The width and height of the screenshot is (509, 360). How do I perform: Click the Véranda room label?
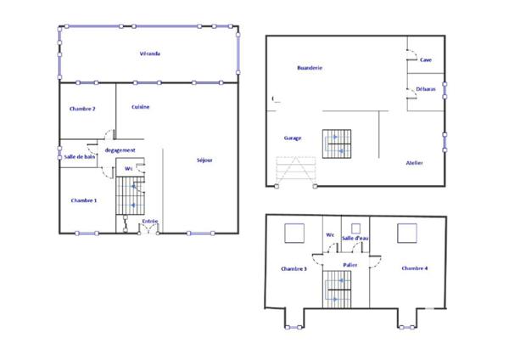[150, 53]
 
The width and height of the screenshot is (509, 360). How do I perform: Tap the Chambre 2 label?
[82, 109]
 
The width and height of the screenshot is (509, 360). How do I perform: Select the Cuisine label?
[141, 106]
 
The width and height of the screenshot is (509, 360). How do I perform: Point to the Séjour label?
[204, 160]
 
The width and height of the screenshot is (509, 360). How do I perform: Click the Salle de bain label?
[80, 156]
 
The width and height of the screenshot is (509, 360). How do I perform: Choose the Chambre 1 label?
[84, 200]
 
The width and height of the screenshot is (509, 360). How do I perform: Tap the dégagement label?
[120, 149]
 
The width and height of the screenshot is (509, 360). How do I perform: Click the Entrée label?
[150, 221]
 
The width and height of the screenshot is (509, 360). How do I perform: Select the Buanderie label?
[310, 67]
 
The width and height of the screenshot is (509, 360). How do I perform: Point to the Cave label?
[425, 60]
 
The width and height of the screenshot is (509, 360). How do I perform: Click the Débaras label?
[426, 88]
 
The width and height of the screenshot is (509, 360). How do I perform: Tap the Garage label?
[293, 138]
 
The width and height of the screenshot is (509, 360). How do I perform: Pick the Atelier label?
[414, 162]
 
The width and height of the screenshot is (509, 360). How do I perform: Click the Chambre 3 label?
[293, 269]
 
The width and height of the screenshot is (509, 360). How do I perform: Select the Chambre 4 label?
[415, 268]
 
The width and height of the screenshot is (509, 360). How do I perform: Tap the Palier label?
[350, 265]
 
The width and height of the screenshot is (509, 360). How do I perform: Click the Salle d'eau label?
[354, 239]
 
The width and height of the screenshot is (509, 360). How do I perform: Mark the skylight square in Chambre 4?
[407, 231]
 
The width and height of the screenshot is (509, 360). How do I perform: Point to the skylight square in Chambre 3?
[295, 231]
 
